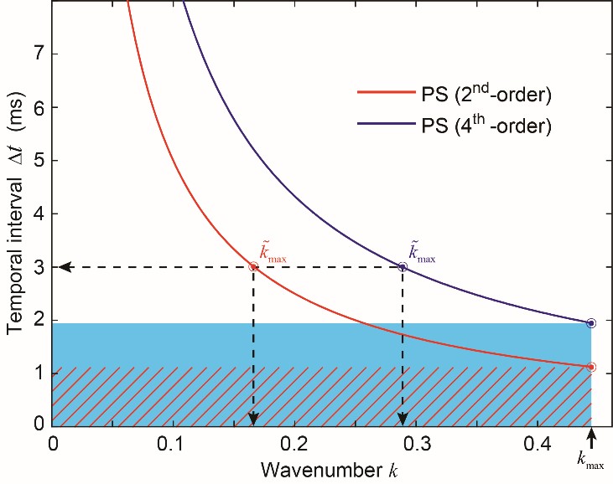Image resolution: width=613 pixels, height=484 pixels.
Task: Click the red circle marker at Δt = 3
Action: pos(253,267)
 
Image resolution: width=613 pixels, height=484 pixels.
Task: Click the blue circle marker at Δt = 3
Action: pos(403,267)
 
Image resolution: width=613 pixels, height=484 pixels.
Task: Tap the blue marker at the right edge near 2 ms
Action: pos(591,322)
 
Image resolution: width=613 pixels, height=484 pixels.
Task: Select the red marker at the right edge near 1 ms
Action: pos(591,367)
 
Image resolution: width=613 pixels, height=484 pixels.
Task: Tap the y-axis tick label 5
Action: pos(38,161)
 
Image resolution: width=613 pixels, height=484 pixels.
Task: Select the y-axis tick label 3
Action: pos(38,267)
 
